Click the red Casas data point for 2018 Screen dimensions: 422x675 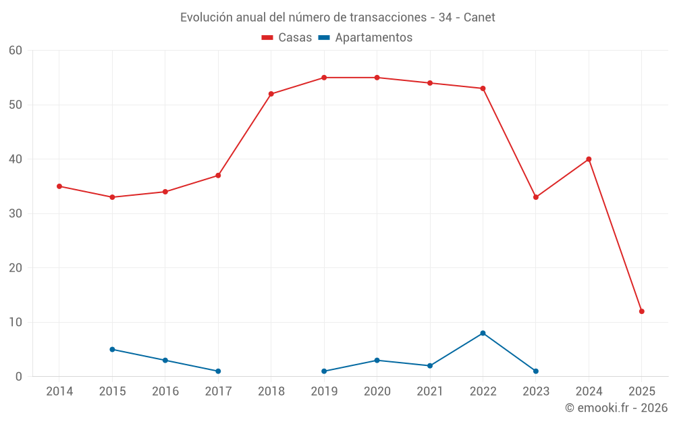coord(271,94)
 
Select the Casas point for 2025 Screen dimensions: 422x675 coord(642,311)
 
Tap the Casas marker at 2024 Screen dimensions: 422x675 coord(589,159)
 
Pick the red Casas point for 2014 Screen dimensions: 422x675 coord(59,186)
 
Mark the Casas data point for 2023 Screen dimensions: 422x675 coord(536,197)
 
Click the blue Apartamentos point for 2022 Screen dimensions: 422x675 coord(483,333)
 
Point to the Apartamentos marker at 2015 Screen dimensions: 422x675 coord(112,349)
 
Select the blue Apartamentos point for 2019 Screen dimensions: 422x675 coord(324,371)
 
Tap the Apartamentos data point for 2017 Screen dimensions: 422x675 coord(218,371)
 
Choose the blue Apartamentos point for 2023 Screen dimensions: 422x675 coord(536,371)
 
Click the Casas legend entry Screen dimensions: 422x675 coord(287,38)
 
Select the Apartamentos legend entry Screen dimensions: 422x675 coord(365,38)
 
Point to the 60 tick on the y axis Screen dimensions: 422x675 coord(16,51)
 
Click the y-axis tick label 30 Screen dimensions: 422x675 coord(16,214)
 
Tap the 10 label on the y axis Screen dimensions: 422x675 coord(16,323)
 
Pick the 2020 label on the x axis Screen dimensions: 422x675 coord(377,392)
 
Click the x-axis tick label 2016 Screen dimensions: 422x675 coord(165,392)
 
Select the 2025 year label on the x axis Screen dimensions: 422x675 coord(642,392)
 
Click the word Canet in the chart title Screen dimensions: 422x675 coord(479,18)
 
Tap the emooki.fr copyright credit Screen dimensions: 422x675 coord(616,408)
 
